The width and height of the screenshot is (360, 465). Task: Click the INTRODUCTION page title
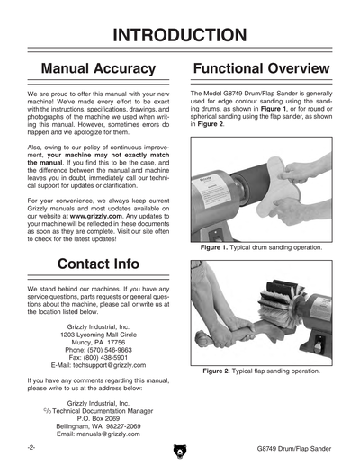pyautogui.click(x=180, y=35)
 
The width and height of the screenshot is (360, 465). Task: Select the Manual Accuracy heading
pyautogui.click(x=98, y=68)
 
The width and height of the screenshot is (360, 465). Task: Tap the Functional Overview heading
pyautogui.click(x=261, y=68)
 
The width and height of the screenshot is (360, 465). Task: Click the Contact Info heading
pyautogui.click(x=98, y=264)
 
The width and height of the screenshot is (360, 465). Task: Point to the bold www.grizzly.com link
pyautogui.click(x=96, y=216)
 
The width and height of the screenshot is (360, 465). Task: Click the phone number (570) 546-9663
pyautogui.click(x=110, y=350)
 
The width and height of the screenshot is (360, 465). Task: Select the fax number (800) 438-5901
pyautogui.click(x=105, y=358)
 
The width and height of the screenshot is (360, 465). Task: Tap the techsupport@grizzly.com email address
pyautogui.click(x=109, y=365)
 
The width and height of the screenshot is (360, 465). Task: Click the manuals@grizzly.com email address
pyautogui.click(x=108, y=434)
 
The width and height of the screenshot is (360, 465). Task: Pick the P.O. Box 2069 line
pyautogui.click(x=98, y=418)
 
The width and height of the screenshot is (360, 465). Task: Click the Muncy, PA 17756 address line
pyautogui.click(x=98, y=343)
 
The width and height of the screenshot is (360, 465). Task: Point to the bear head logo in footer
pyautogui.click(x=180, y=452)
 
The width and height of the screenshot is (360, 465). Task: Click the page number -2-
pyautogui.click(x=31, y=448)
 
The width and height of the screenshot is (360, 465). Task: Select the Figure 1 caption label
pyautogui.click(x=214, y=247)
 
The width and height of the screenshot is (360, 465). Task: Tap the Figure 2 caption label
pyautogui.click(x=216, y=371)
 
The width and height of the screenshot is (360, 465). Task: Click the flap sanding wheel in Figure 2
pyautogui.click(x=281, y=304)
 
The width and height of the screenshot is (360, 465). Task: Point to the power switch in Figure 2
pyautogui.click(x=319, y=344)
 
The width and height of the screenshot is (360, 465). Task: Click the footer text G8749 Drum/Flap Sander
pyautogui.click(x=294, y=449)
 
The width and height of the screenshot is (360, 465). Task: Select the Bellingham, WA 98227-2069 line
pyautogui.click(x=98, y=426)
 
